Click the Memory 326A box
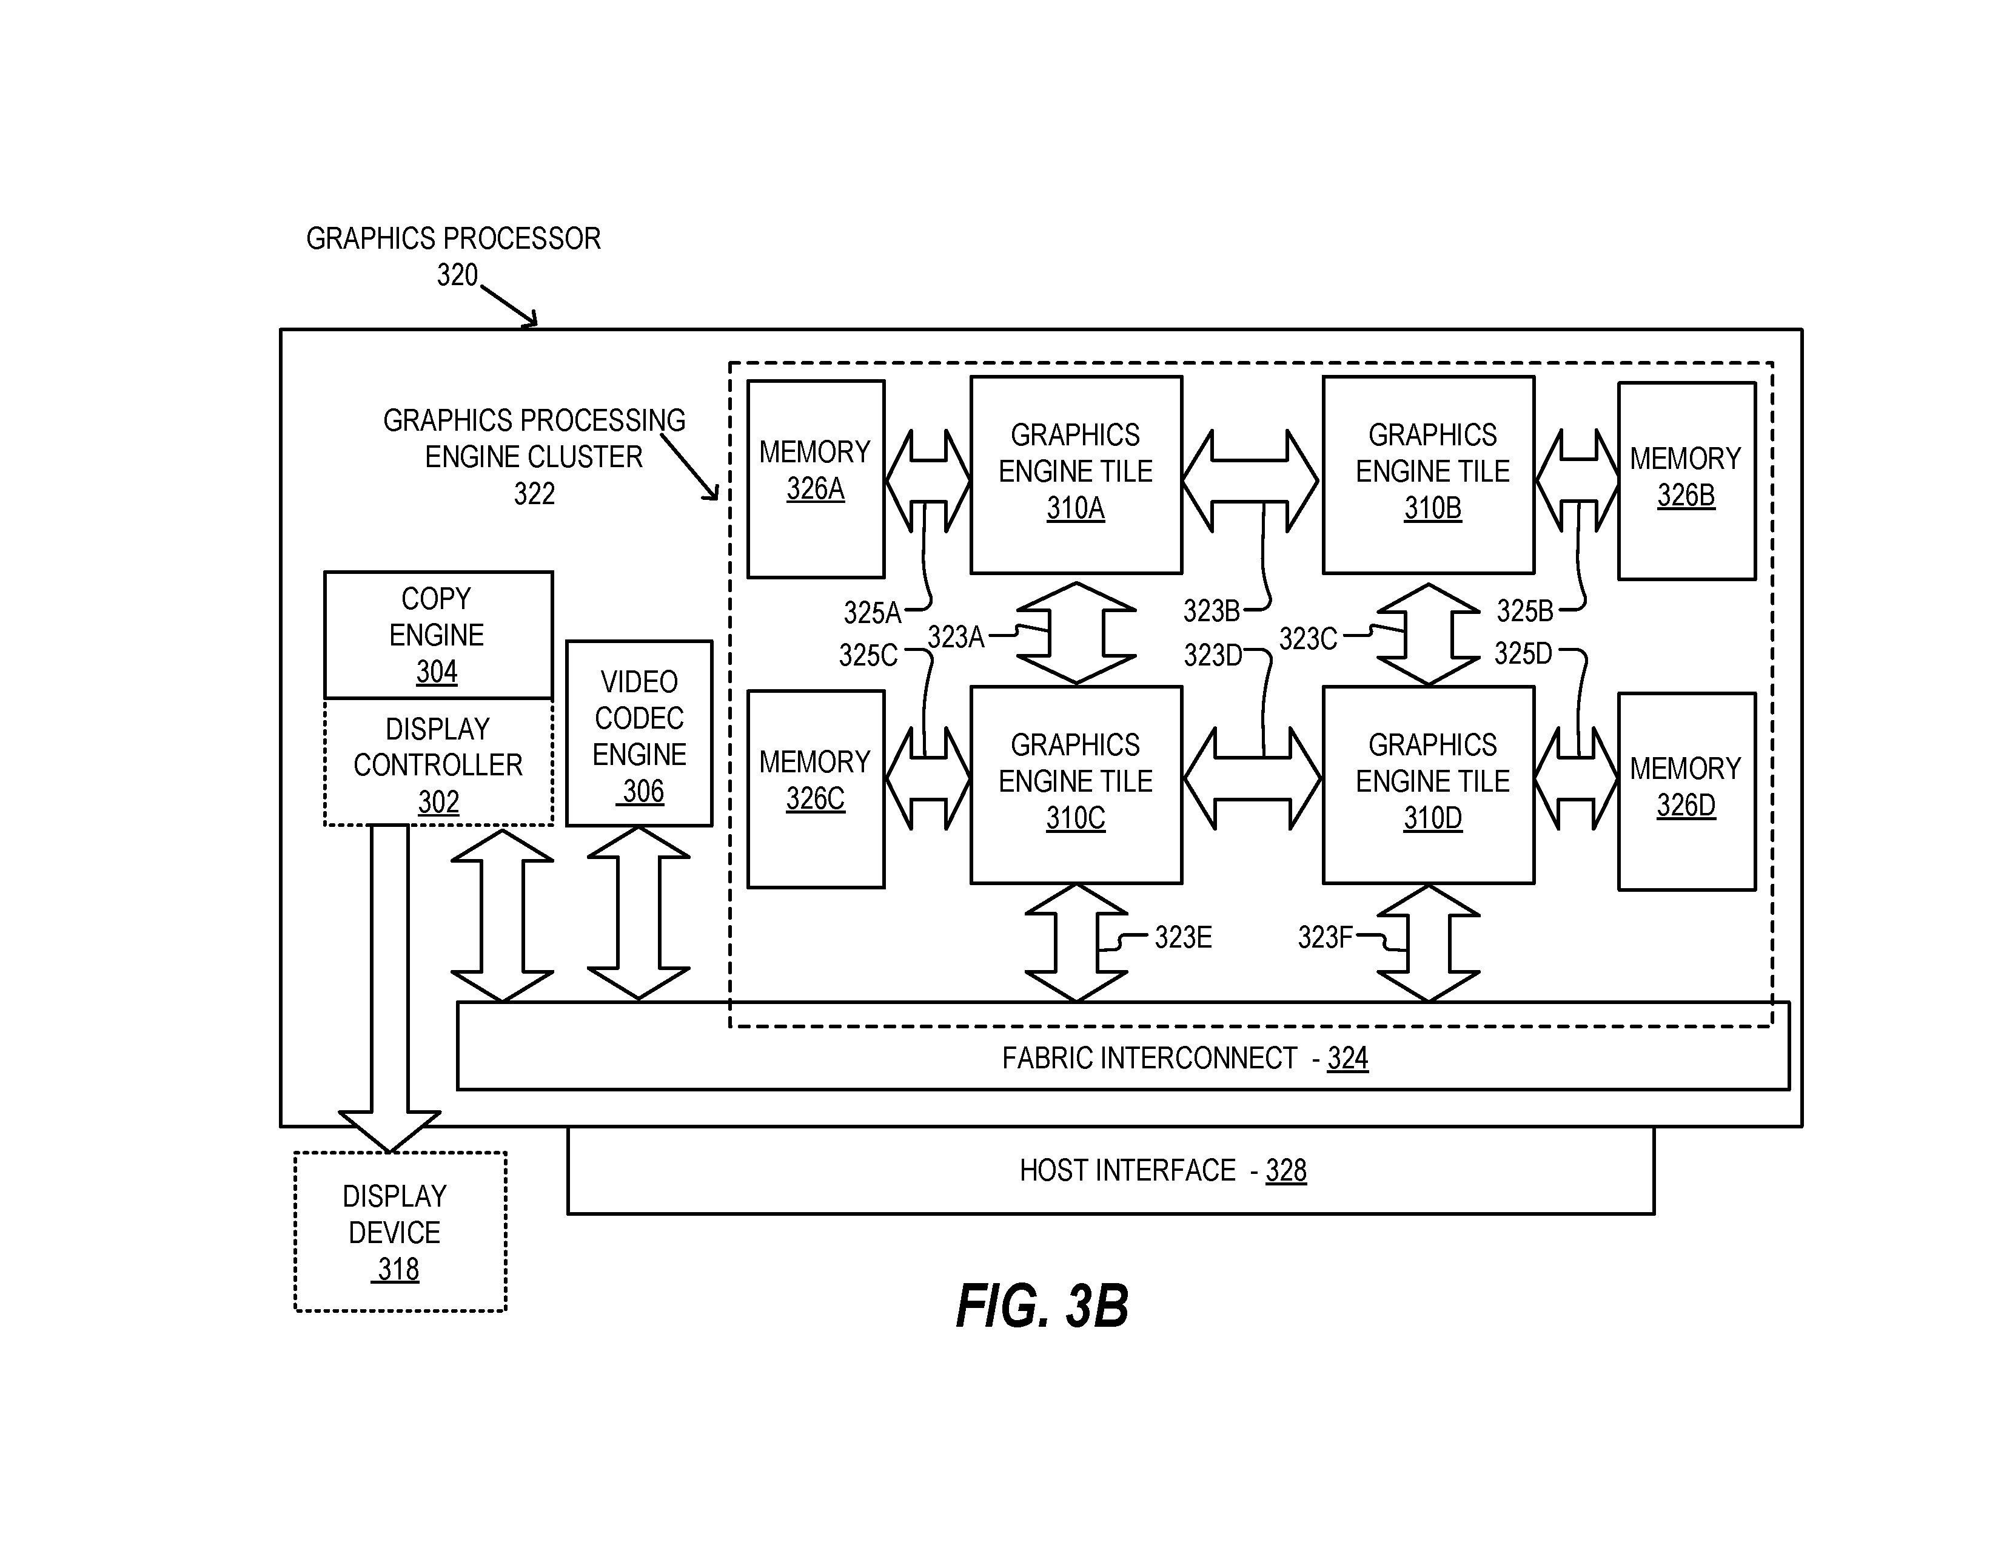[816, 479]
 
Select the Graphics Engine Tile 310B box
[1429, 475]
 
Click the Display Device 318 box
[400, 1232]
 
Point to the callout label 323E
[1183, 937]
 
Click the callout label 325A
[872, 612]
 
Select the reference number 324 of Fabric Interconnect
[1348, 1059]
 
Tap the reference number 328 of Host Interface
[1286, 1170]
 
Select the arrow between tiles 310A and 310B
[1250, 480]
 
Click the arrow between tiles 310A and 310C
[1076, 633]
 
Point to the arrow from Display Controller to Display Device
[389, 988]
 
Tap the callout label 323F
[1325, 937]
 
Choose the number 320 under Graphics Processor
[457, 275]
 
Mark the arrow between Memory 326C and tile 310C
[928, 778]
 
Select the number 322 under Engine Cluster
[534, 494]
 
